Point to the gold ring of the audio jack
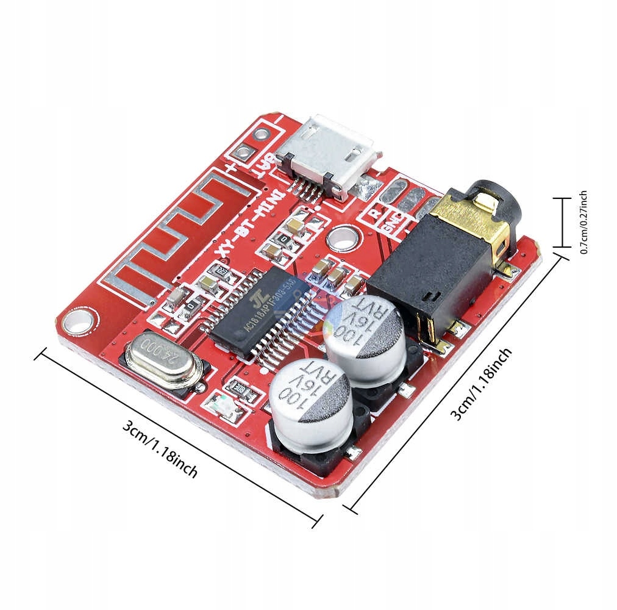482,210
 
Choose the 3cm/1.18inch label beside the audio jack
482,385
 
